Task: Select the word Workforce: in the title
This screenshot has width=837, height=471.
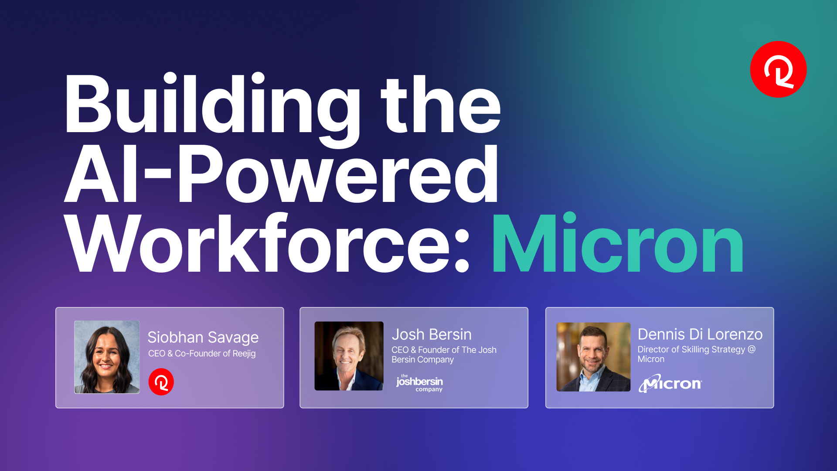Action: click(267, 243)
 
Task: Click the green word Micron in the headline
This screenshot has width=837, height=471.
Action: click(618, 243)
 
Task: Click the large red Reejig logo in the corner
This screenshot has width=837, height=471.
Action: click(778, 69)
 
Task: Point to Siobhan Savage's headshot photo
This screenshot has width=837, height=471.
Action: click(107, 357)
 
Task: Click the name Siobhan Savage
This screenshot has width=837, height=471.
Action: click(203, 338)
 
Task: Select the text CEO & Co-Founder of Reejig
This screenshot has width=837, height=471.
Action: click(202, 354)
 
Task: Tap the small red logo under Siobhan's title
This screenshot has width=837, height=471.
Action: click(161, 382)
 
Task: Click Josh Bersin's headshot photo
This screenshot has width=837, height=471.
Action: click(349, 356)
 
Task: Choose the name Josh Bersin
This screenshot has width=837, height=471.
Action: click(432, 334)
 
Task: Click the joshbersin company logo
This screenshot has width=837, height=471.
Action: click(419, 383)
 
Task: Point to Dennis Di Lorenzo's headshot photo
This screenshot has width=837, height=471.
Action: click(593, 357)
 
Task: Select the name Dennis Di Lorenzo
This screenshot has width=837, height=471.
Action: click(700, 334)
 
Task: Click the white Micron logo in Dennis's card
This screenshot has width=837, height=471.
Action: click(670, 383)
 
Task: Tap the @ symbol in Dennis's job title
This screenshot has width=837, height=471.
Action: click(752, 349)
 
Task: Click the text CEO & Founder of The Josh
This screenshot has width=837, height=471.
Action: click(444, 350)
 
